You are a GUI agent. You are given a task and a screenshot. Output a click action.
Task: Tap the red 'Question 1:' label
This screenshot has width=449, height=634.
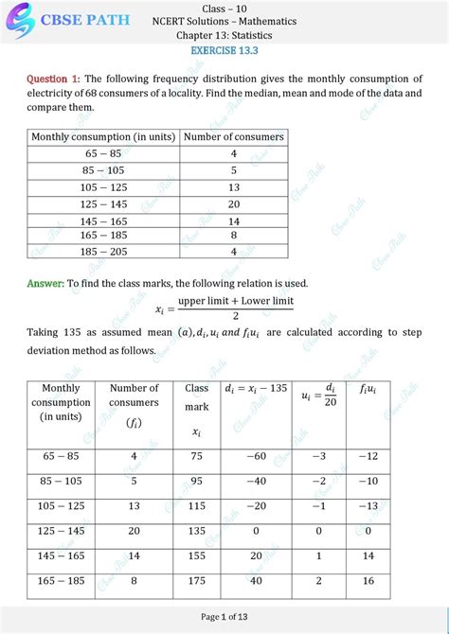coord(53,79)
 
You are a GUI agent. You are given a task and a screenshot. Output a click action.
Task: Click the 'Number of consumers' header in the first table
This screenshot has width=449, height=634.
coord(233,137)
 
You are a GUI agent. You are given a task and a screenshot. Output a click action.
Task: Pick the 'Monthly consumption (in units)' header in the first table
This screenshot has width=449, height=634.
coord(103,137)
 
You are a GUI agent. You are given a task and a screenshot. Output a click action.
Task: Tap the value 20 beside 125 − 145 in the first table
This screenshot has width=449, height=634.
coord(233,204)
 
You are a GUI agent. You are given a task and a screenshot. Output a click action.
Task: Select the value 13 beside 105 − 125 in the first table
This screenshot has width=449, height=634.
coord(233,187)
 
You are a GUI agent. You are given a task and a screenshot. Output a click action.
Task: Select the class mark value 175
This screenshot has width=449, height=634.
coord(197,581)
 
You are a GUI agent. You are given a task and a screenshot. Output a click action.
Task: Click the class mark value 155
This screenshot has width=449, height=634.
coord(197,556)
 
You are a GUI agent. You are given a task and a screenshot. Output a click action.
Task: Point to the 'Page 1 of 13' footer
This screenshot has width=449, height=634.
coord(224,617)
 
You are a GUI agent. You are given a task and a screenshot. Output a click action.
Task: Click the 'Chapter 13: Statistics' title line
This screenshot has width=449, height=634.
coord(224,35)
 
